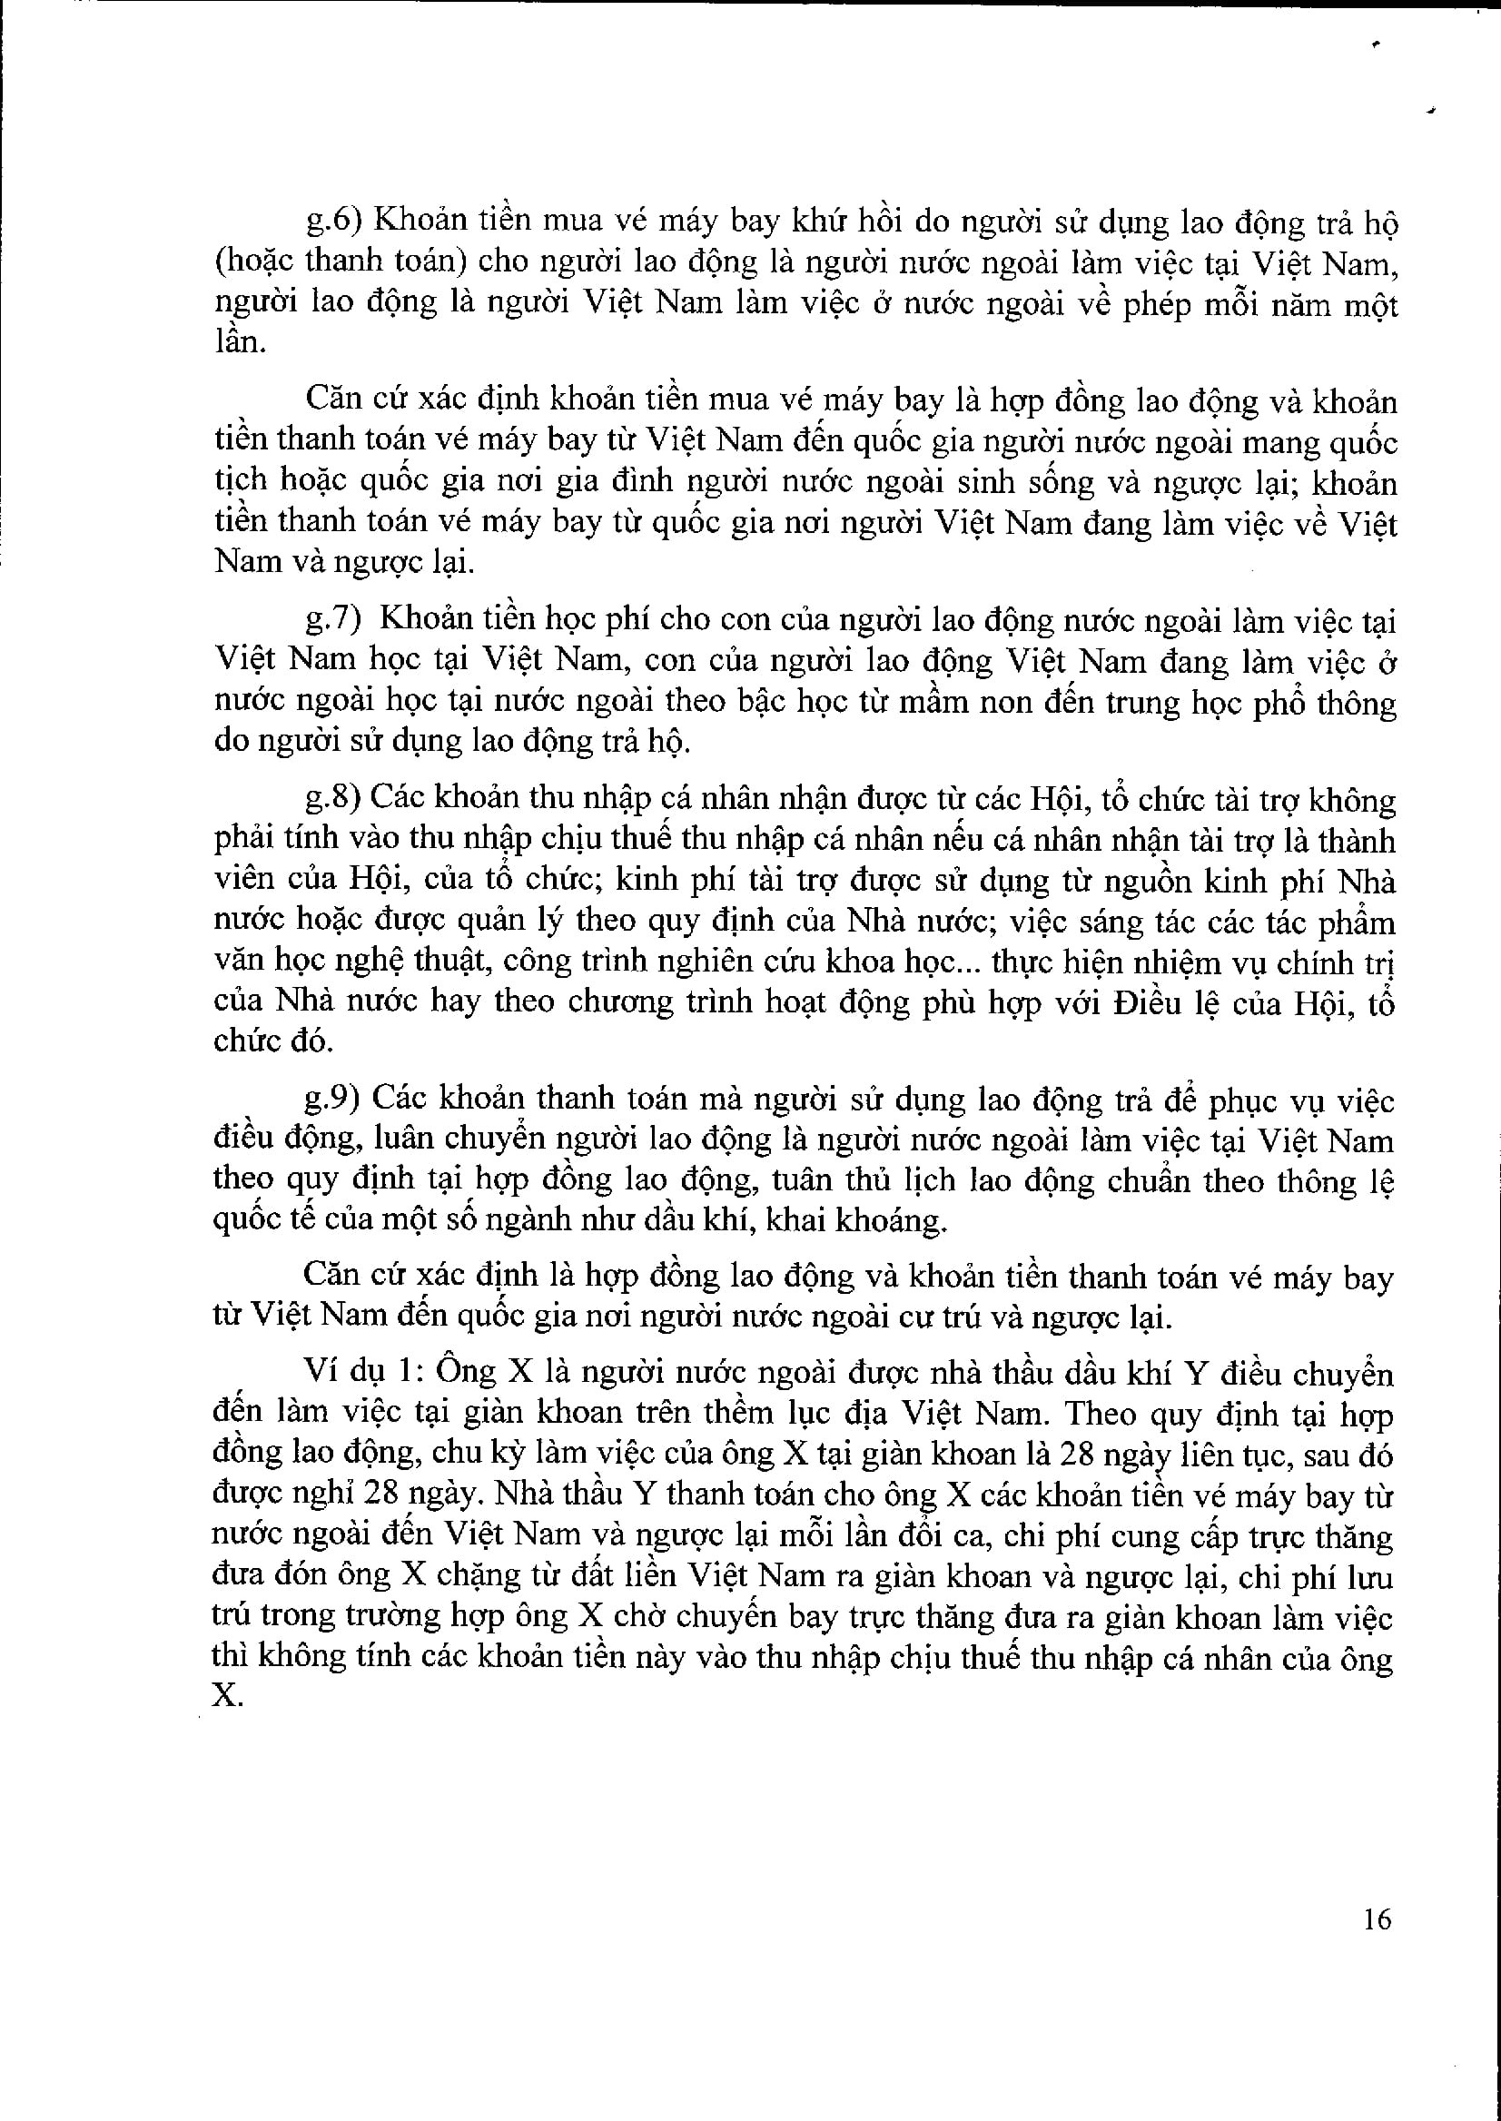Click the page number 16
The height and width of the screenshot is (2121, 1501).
point(1377,1920)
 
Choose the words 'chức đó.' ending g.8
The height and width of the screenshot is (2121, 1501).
point(270,1041)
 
